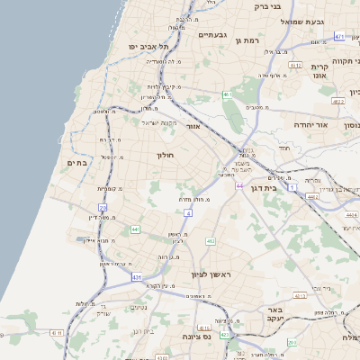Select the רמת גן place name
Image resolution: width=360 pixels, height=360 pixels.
246,40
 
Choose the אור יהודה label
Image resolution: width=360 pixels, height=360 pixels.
313,125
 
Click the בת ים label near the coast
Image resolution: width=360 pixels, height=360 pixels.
76,163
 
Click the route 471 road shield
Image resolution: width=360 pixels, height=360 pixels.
339,36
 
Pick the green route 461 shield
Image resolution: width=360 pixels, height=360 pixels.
228,94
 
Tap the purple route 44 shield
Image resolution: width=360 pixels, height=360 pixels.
239,185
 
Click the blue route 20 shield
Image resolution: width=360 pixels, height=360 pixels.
103,207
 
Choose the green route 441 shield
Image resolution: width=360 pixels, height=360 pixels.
134,230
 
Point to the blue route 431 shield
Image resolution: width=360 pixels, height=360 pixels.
137,277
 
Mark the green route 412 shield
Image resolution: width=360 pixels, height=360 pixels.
211,241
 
